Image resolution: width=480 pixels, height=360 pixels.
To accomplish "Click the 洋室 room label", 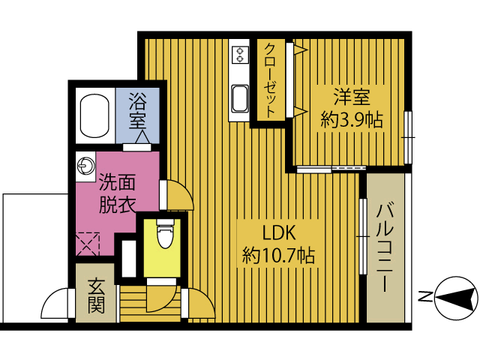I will pyautogui.click(x=352, y=97).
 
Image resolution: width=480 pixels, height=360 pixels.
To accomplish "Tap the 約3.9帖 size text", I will pyautogui.click(x=352, y=118).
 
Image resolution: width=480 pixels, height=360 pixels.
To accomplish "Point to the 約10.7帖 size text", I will pyautogui.click(x=277, y=256).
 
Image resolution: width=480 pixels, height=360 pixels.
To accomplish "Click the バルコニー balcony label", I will pyautogui.click(x=385, y=247).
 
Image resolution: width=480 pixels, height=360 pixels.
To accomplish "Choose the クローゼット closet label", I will pyautogui.click(x=269, y=79).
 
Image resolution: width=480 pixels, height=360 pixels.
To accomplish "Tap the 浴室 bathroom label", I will pyautogui.click(x=137, y=110).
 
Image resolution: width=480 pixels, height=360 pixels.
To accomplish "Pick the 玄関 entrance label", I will pyautogui.click(x=96, y=295).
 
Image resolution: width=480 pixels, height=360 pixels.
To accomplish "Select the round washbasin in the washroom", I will pyautogui.click(x=85, y=166).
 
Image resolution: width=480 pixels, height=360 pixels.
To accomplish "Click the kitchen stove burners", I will pyautogui.click(x=240, y=54).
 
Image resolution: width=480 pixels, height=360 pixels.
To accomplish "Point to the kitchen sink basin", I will pyautogui.click(x=240, y=98).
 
